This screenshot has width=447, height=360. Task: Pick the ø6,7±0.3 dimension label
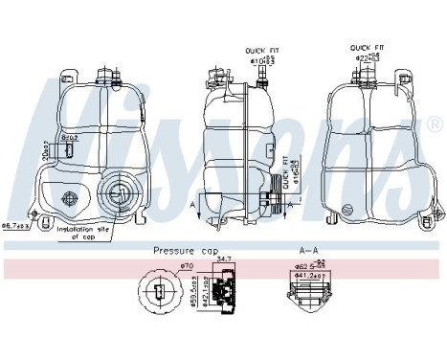[19, 226]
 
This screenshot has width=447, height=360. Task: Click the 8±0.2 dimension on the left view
[69, 141]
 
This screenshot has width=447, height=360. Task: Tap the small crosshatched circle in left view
[70, 199]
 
